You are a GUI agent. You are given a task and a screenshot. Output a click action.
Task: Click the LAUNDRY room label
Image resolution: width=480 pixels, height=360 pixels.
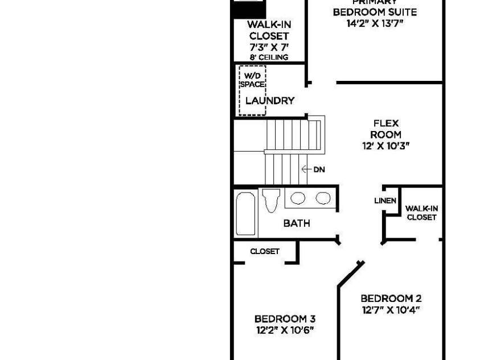pyautogui.click(x=270, y=101)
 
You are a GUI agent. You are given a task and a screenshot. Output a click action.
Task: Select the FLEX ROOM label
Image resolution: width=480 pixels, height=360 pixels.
pyautogui.click(x=385, y=129)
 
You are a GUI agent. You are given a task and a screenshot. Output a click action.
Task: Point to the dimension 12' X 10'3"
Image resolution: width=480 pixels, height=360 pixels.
pyautogui.click(x=385, y=146)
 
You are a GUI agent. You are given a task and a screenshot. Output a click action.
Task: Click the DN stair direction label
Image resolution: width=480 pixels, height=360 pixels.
pyautogui.click(x=319, y=169)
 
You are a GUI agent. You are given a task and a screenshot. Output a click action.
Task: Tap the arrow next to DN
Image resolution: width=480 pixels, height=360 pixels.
pyautogui.click(x=306, y=169)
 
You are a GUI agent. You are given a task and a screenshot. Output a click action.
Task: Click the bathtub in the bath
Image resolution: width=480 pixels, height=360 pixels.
pyautogui.click(x=246, y=214)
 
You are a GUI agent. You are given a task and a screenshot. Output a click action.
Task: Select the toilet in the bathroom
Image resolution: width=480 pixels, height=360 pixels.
pyautogui.click(x=271, y=201)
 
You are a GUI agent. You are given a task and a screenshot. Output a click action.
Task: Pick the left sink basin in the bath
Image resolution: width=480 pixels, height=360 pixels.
pyautogui.click(x=298, y=198)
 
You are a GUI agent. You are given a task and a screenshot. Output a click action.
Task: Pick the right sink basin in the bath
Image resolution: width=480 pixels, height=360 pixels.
pyautogui.click(x=323, y=198)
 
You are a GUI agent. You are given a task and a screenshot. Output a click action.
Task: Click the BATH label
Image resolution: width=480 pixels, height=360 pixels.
pyautogui.click(x=297, y=223)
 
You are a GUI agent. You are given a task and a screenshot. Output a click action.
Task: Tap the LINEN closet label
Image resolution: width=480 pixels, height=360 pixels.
pyautogui.click(x=385, y=201)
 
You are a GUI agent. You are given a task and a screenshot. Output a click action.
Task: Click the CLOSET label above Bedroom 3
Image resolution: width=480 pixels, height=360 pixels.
pyautogui.click(x=265, y=251)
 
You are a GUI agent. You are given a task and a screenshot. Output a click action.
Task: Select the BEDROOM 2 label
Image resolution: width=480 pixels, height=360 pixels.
pyautogui.click(x=391, y=298)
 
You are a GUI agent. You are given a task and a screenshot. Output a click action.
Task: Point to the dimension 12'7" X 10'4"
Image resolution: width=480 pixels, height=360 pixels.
pyautogui.click(x=391, y=310)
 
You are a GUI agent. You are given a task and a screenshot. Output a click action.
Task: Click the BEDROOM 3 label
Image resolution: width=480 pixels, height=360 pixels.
pyautogui.click(x=285, y=319)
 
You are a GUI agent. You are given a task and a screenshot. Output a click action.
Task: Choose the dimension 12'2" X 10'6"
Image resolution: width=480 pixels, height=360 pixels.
pyautogui.click(x=285, y=330)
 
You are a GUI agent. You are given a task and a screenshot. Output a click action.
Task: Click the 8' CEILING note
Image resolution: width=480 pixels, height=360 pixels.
pyautogui.click(x=269, y=57)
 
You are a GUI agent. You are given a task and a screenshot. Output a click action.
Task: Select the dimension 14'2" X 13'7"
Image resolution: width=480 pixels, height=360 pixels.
pyautogui.click(x=375, y=23)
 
